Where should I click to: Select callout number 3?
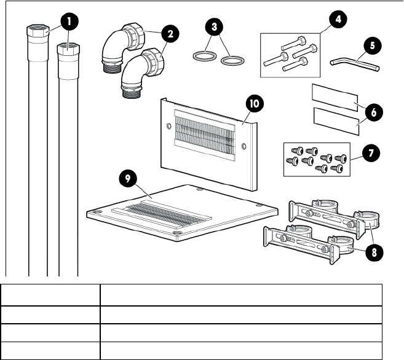(x=213, y=28)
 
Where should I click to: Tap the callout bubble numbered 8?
(x=371, y=252)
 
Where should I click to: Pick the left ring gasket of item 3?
(x=204, y=58)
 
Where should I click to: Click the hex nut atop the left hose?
(x=38, y=29)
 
